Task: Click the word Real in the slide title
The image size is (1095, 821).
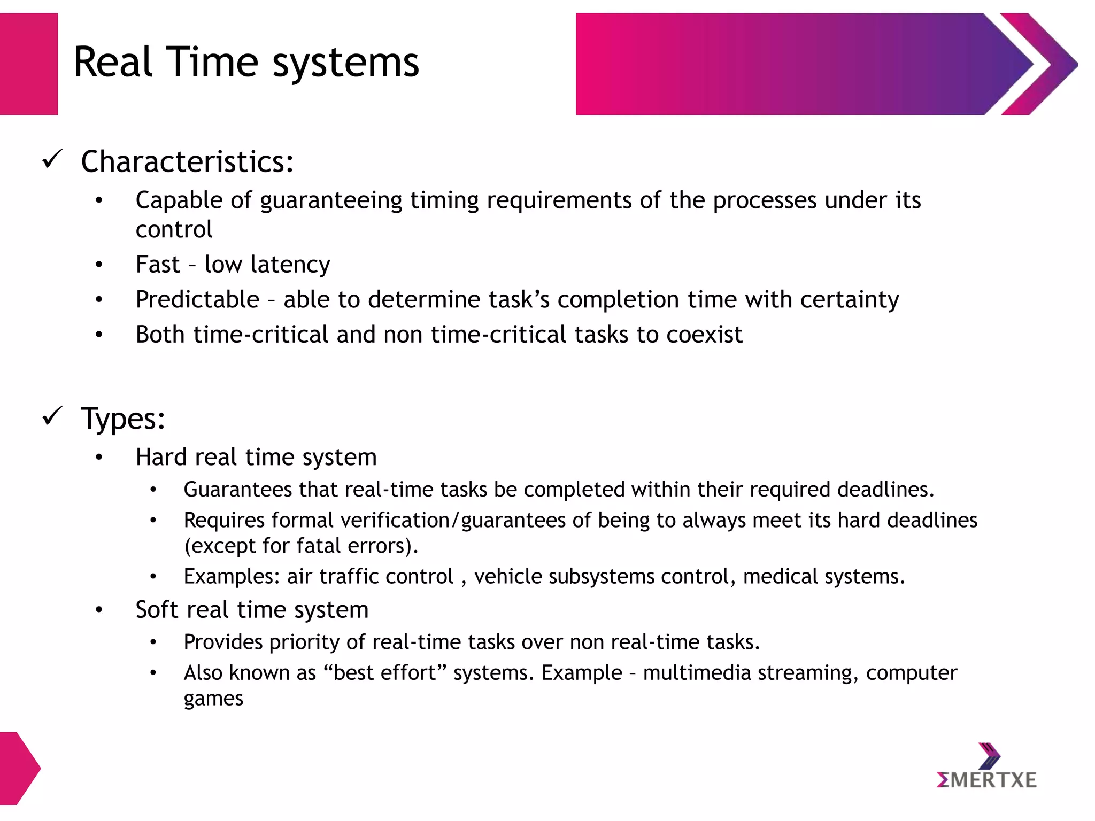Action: point(112,62)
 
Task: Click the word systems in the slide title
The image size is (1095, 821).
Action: point(346,63)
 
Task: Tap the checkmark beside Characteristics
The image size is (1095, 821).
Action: point(52,159)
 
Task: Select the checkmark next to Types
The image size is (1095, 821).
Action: point(52,416)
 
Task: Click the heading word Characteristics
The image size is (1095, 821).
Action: point(187,161)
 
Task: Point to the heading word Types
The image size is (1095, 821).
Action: point(123,418)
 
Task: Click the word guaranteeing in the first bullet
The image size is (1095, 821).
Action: point(331,201)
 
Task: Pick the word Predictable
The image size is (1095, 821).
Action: point(197,299)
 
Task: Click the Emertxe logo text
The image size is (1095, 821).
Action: point(986,780)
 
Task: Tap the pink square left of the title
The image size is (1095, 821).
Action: point(29,64)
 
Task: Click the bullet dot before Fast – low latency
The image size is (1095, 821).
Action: point(99,265)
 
